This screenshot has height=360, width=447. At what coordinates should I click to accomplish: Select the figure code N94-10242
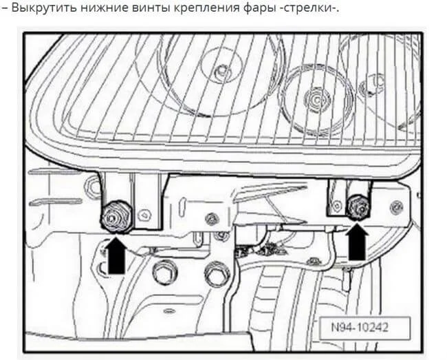point(362,326)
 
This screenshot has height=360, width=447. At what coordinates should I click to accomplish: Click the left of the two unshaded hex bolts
point(163,272)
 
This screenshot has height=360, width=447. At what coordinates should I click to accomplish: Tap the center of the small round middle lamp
point(316,100)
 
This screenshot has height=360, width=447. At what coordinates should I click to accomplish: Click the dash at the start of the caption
point(5,9)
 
